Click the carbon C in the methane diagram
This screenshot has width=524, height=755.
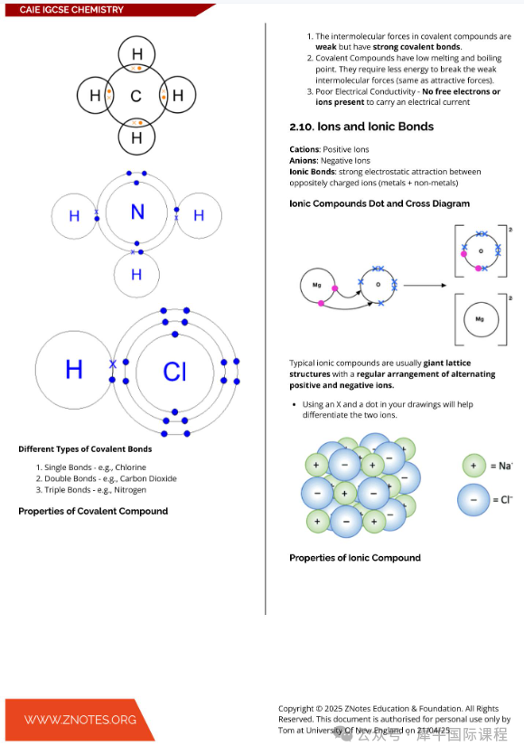[136, 96]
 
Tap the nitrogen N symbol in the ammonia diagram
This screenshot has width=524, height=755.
[137, 212]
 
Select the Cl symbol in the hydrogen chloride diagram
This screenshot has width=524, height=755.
[174, 372]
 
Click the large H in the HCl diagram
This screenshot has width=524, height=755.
[73, 370]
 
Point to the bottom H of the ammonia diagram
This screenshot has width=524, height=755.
[136, 275]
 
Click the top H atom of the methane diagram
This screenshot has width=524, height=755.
[136, 54]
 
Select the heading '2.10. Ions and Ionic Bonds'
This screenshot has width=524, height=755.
[361, 127]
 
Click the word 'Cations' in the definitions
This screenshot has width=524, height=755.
[304, 149]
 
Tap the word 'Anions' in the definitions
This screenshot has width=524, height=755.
[304, 160]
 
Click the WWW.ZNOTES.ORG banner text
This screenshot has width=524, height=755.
[80, 720]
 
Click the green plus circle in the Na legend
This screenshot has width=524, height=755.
[473, 466]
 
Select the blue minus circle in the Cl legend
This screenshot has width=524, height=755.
[473, 500]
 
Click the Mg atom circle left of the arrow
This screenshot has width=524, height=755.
[317, 285]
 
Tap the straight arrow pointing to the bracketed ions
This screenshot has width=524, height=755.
[425, 286]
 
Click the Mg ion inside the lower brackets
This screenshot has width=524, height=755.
[481, 319]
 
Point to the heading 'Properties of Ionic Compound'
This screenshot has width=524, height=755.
[355, 558]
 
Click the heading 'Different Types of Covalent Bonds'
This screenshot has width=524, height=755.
[85, 449]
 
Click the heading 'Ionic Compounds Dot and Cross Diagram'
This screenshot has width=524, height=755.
[379, 203]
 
